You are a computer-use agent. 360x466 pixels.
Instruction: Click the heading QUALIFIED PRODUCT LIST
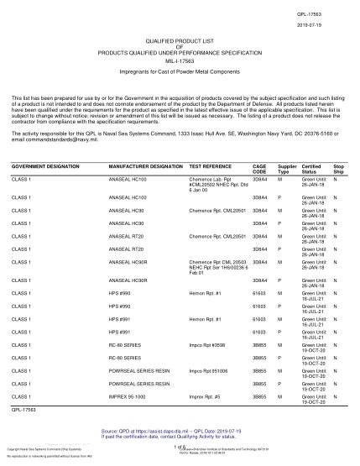(x=180, y=41)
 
